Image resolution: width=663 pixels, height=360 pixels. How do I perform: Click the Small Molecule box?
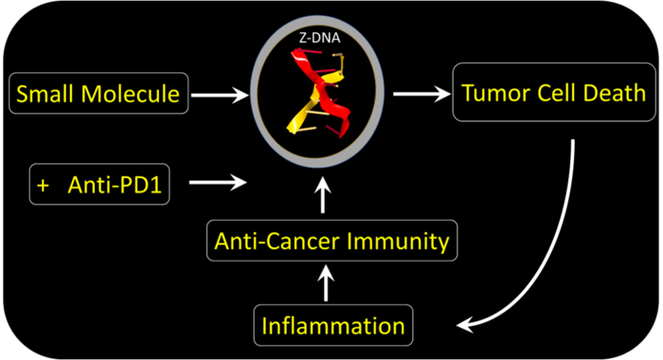coord(99,93)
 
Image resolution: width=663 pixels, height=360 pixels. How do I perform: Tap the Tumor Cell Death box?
coord(554,92)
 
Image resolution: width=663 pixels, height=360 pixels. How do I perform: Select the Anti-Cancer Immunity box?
coord(331,241)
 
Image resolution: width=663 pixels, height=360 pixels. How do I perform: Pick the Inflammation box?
coord(333,325)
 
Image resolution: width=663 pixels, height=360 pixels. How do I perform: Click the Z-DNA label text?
coord(320,38)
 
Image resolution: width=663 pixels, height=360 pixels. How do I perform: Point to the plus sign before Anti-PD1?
coord(44,186)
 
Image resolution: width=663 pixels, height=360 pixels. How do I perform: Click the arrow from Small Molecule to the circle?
coord(220,95)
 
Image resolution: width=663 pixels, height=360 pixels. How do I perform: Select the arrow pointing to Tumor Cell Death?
coord(421,94)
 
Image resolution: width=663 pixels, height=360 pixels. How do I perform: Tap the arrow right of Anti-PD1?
coord(218,182)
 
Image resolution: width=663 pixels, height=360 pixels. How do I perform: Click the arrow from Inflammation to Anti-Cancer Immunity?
coord(326,283)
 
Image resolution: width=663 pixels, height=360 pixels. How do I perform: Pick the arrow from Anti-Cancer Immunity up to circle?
coord(323,195)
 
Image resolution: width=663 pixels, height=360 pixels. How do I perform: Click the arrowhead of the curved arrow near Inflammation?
coord(465,325)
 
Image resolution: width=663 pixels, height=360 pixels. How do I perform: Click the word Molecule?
coord(131,94)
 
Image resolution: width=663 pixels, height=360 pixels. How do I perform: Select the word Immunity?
coord(398,242)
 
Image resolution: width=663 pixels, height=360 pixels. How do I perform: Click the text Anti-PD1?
coord(115,185)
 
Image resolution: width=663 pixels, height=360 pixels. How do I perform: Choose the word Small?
coord(46,94)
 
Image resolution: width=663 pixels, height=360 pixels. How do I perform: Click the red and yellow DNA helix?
coord(319,92)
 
